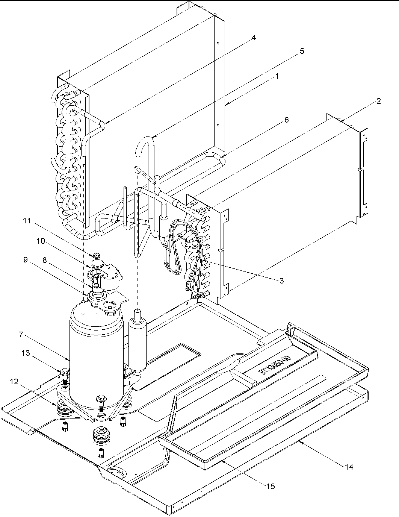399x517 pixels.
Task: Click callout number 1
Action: point(277,76)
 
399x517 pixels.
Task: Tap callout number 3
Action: point(282,280)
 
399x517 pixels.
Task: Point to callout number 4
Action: point(254,38)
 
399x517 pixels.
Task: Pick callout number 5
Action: point(302,52)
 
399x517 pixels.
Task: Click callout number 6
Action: point(286,120)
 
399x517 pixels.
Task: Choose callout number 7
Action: point(21,334)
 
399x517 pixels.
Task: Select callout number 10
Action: point(41,241)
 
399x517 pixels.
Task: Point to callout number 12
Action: point(14,381)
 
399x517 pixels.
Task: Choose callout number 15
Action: point(271,486)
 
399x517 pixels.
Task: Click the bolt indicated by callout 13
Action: point(64,374)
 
